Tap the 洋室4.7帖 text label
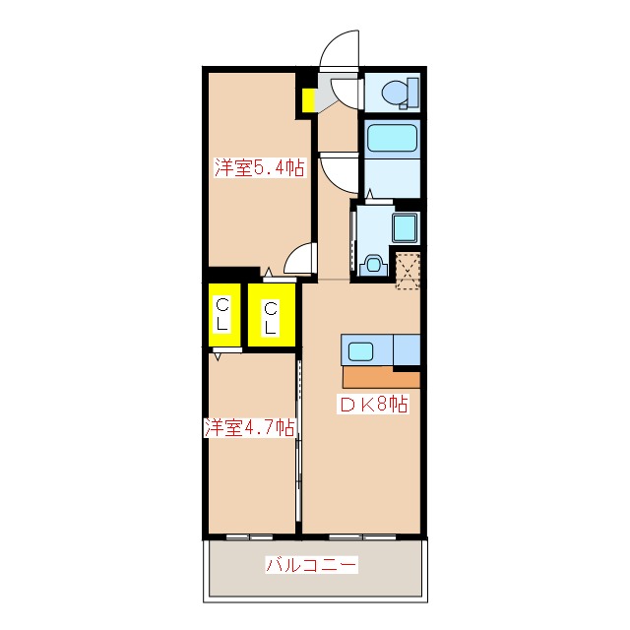tap(250, 428)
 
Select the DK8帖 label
tap(375, 403)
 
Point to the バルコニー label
tap(311, 565)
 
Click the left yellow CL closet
tap(223, 314)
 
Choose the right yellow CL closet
tap(270, 315)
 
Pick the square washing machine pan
tap(407, 228)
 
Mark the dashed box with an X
tap(408, 268)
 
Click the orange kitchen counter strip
tap(381, 378)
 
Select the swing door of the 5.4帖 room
tap(299, 260)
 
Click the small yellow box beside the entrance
tap(308, 99)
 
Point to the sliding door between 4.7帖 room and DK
tap(298, 443)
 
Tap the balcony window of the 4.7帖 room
tap(249, 536)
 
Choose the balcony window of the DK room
tap(361, 536)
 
